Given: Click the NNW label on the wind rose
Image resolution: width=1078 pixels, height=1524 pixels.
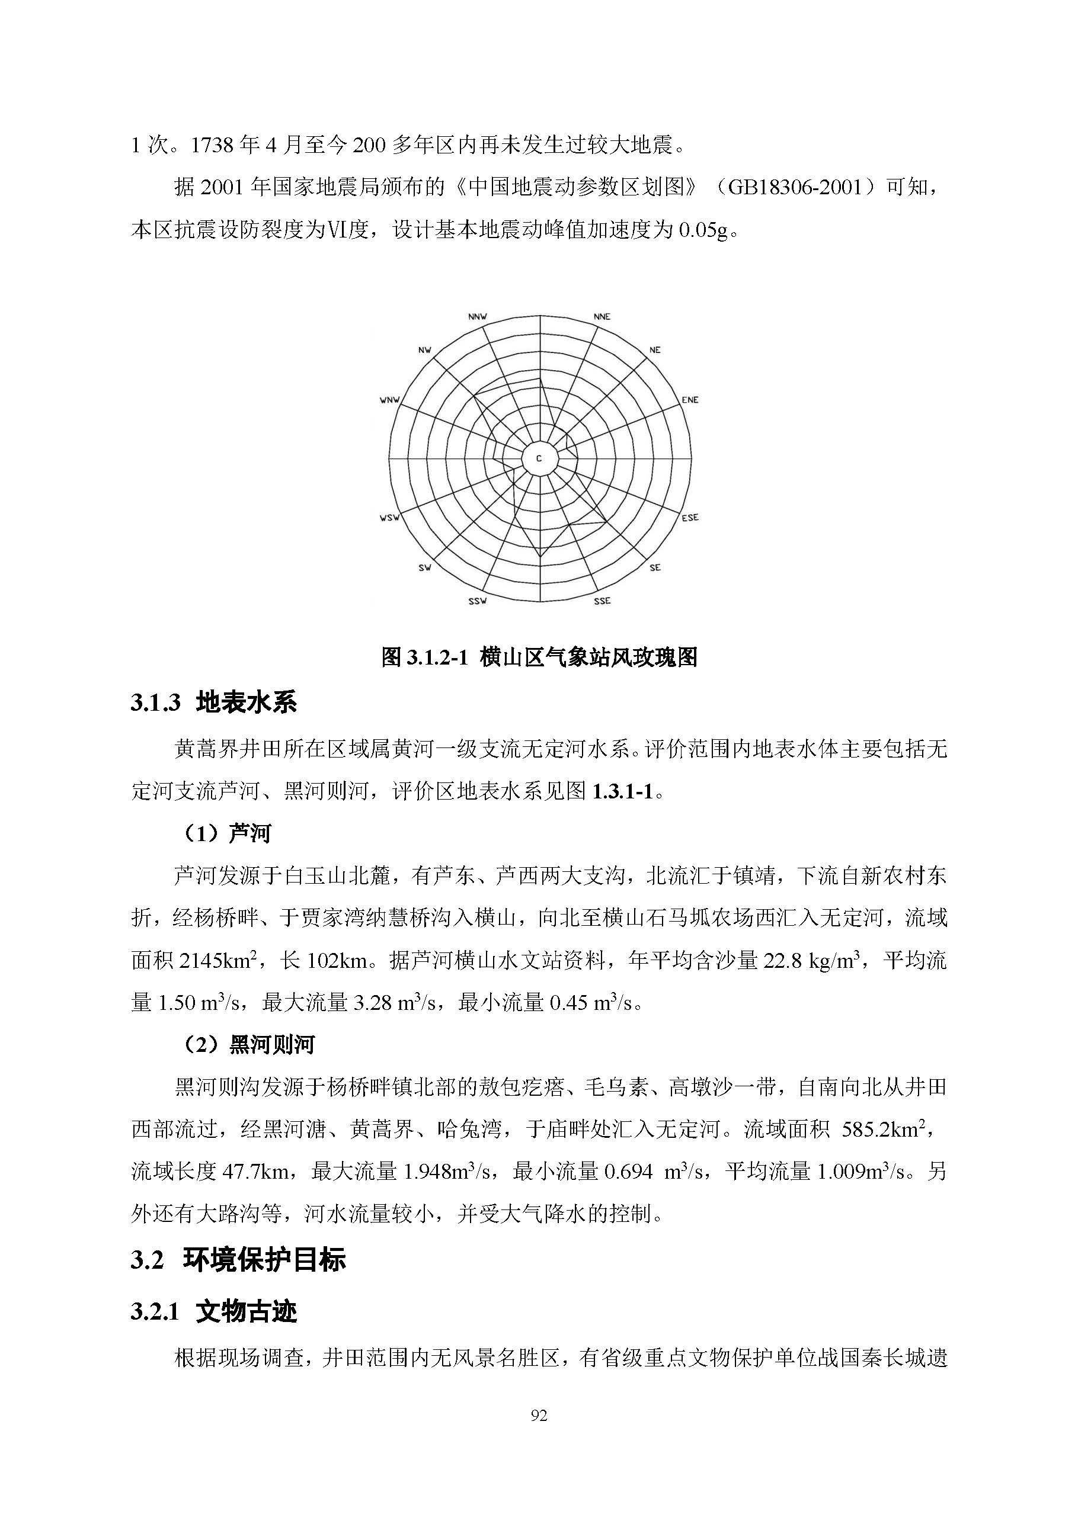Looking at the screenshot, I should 477,317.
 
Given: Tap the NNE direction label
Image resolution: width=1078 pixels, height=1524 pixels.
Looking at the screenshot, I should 602,317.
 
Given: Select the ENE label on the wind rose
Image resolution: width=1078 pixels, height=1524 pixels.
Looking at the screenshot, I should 690,400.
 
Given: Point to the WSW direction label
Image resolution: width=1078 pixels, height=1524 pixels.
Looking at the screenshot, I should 389,518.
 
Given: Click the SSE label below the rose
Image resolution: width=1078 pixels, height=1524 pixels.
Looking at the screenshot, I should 602,601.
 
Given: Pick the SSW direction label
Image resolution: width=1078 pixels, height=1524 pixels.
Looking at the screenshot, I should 477,601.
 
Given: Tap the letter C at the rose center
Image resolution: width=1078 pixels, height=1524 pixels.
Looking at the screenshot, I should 539,458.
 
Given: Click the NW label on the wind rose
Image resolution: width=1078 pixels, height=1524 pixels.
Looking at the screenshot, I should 424,350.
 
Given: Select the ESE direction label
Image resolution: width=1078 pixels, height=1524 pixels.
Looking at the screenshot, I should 690,518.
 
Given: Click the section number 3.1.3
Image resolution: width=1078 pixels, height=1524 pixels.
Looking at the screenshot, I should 155,703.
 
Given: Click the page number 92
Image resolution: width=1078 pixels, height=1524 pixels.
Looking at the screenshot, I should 539,1416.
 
